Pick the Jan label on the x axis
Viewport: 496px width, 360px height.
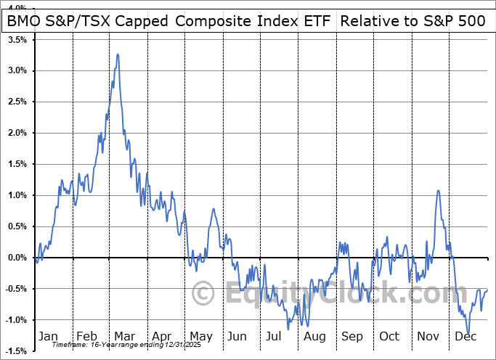pos(48,336)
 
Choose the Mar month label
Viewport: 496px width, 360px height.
pos(125,336)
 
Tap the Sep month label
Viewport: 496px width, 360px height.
pos(352,336)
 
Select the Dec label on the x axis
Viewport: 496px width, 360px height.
pos(466,336)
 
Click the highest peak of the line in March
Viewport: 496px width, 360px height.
pos(117,54)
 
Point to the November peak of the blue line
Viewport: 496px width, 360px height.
pos(439,191)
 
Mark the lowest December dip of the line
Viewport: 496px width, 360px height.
pos(468,333)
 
